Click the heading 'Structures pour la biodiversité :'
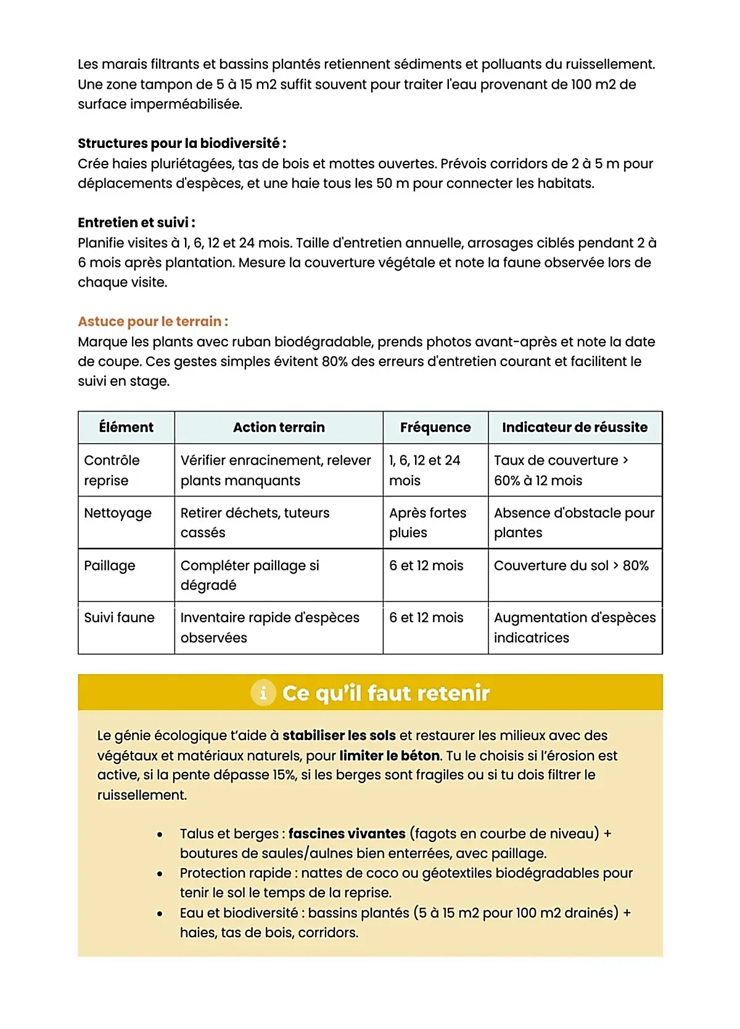182,144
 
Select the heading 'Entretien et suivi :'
136,222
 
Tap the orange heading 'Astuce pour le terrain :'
153,321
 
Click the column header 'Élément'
126,427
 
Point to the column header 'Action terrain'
279,427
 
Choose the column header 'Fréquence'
435,427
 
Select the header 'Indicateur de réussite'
575,427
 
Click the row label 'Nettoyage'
118,513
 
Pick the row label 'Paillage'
110,565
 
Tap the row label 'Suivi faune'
119,617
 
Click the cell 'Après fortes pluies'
427,523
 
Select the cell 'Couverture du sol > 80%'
571,565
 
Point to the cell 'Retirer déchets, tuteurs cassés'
255,523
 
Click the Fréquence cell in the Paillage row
426,565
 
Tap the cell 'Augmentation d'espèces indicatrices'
575,627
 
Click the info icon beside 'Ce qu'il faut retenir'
263,693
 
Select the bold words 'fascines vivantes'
347,834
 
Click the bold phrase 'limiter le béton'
390,755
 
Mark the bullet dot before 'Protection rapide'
160,874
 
